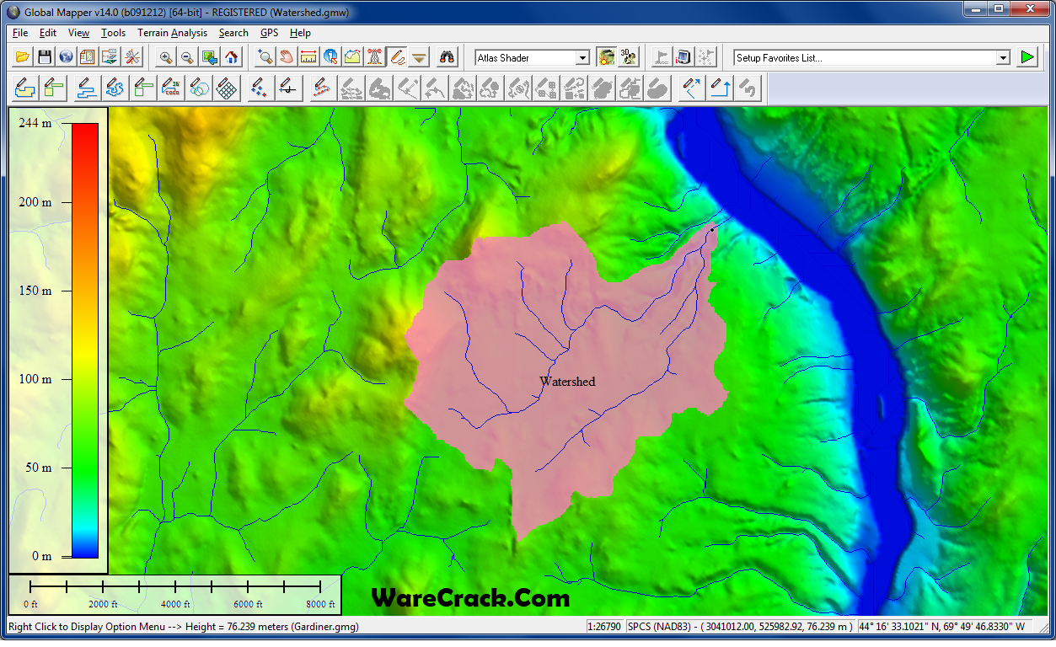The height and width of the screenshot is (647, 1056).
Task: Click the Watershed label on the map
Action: pos(567,382)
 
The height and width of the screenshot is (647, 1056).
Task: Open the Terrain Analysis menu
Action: pos(172,33)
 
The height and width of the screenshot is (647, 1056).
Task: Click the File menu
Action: pos(20,33)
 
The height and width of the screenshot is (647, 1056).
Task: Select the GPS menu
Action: pos(269,33)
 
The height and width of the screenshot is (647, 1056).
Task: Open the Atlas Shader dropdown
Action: pos(582,58)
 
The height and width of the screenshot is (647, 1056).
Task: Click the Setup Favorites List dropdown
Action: pos(1003,58)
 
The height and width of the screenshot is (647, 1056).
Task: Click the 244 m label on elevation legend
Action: pos(35,123)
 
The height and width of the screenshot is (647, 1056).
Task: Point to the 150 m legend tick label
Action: pos(35,291)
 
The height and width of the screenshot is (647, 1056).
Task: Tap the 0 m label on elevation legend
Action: pos(41,556)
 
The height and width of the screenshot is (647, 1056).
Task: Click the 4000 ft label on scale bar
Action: pos(176,605)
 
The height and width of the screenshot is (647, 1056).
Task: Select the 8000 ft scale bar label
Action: pos(320,605)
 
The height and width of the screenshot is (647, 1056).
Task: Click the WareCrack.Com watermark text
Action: pos(470,599)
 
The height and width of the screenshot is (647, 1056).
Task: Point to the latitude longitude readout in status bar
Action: pos(942,627)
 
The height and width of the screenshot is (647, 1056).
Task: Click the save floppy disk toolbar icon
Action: pos(44,57)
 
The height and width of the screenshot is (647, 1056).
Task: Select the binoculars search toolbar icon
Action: pos(448,57)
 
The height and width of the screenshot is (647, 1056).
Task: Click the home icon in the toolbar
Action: pos(231,57)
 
